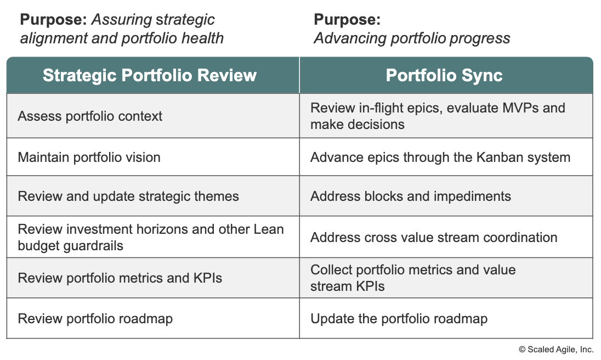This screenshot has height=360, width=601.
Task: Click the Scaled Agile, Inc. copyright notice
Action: click(556, 350)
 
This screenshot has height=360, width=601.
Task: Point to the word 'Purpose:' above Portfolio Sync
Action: click(347, 20)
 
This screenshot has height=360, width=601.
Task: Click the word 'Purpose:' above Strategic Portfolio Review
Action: click(54, 20)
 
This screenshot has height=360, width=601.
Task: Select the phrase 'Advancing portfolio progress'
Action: click(412, 38)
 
